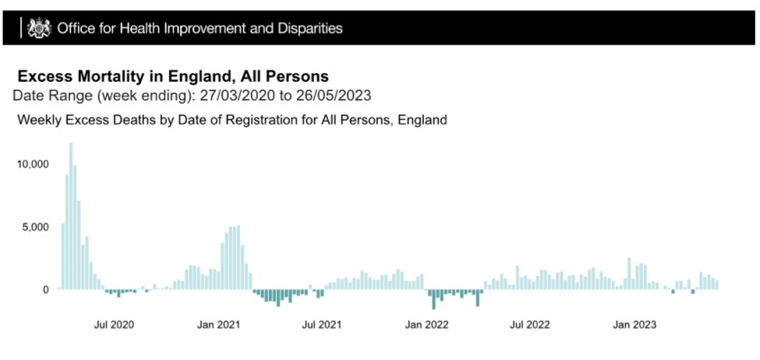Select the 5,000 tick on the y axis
[x=35, y=227]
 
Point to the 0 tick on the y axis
[x=45, y=289]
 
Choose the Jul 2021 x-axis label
[x=320, y=324]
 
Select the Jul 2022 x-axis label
[x=530, y=324]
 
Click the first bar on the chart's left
[x=63, y=256]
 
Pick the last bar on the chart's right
[x=716, y=284]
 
